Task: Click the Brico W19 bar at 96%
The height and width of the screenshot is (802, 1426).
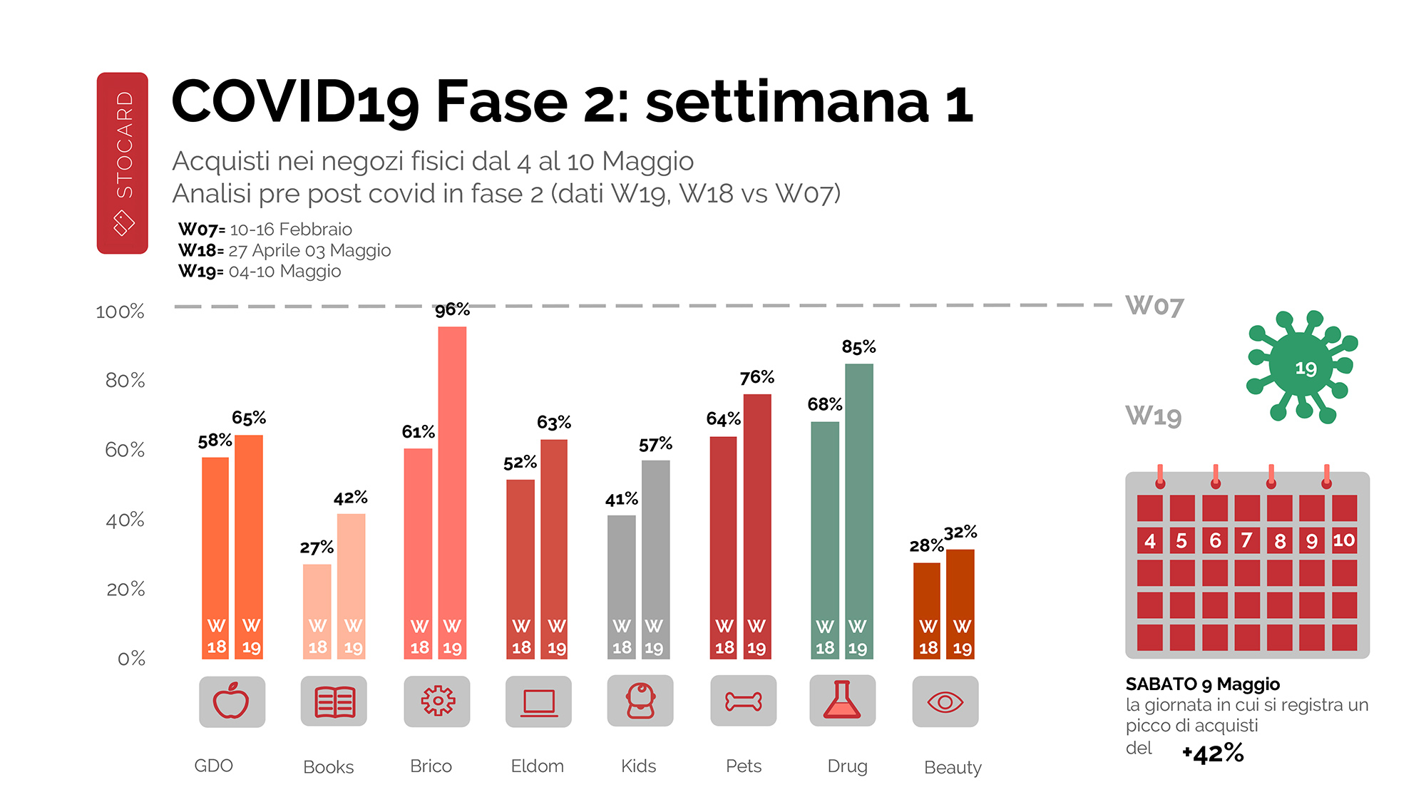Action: pos(452,492)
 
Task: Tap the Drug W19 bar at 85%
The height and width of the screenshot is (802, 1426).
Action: pos(858,510)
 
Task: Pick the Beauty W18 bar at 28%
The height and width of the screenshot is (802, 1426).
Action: pos(927,610)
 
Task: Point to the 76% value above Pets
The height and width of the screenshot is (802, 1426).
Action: pos(756,377)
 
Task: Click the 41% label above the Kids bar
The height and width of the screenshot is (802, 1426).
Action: pos(621,499)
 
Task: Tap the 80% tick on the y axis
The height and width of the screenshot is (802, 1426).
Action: pos(125,380)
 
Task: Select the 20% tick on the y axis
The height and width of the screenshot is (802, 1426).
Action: pos(125,589)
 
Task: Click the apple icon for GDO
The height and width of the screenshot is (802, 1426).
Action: pos(232,701)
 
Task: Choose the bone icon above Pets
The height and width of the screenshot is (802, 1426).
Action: pos(743,701)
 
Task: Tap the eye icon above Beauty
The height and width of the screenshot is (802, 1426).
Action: pos(945,702)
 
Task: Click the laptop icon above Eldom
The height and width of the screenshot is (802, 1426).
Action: pos(538,702)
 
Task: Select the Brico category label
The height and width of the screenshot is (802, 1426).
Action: pos(431,766)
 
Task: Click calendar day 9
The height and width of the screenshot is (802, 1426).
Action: pos(1311,540)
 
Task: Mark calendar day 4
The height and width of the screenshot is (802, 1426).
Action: pos(1149,540)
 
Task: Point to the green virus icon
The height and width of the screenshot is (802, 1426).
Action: pos(1302,366)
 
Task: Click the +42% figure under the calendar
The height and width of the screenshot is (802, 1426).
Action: pos(1213,753)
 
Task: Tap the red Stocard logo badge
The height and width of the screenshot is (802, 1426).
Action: pos(123,163)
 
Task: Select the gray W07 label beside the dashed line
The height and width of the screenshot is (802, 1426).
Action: pos(1154,306)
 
